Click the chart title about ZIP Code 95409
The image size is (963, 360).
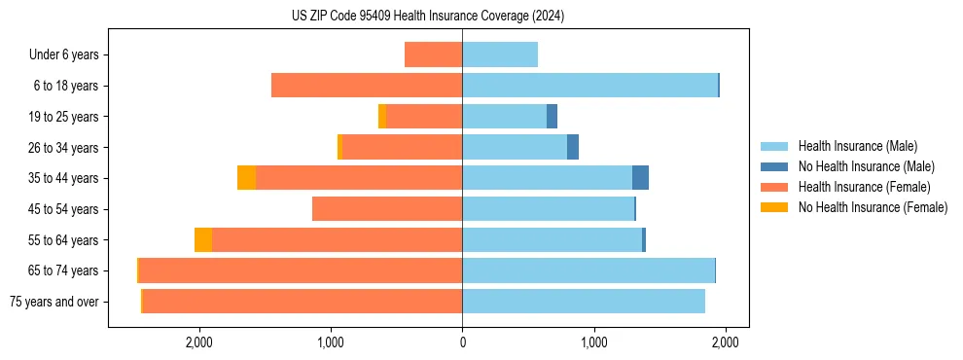(427, 16)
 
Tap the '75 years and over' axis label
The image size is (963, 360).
(54, 302)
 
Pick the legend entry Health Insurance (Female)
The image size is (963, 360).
(858, 187)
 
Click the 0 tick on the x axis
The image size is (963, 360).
(462, 342)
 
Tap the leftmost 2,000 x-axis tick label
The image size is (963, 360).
(199, 342)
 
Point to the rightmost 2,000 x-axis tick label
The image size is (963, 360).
(725, 342)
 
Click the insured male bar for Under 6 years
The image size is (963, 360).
(500, 54)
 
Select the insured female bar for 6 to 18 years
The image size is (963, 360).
(367, 86)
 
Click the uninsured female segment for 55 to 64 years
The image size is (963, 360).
(203, 239)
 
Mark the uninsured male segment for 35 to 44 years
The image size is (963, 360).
(640, 178)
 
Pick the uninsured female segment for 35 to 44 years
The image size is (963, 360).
(247, 178)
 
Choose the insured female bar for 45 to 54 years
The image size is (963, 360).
(387, 209)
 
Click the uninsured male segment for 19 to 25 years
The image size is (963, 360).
(552, 117)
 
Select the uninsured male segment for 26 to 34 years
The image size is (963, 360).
(573, 147)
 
